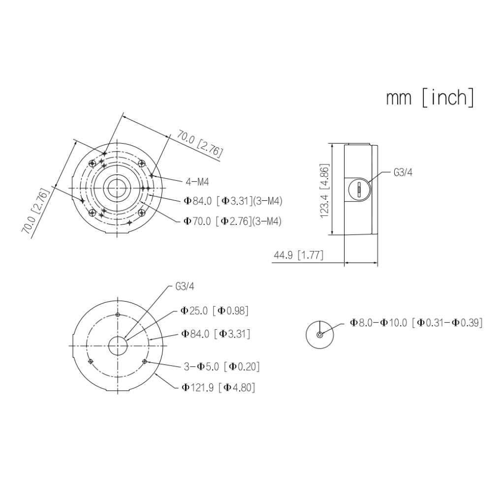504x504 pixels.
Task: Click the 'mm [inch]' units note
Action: pos(430,97)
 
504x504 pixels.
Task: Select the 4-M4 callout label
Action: pos(197,182)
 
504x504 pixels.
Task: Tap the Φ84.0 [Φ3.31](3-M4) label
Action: pos(233,201)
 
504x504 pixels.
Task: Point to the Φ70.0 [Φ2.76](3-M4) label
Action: pos(232,221)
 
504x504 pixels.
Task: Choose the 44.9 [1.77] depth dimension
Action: pos(298,255)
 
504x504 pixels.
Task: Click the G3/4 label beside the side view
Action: pos(403,173)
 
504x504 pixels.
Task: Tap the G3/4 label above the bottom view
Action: pos(185,286)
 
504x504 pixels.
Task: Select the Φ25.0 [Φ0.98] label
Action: pos(215,311)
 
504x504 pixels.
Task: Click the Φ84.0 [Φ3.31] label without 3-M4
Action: pos(216,334)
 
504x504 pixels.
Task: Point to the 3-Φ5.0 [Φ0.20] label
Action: pos(221,366)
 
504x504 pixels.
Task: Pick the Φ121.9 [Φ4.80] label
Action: pos(218,387)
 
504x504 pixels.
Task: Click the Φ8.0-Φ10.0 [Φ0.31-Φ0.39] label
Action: pos(416,322)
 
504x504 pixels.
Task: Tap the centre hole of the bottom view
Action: pos(118,346)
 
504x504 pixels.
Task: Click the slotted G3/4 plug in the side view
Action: pos(359,189)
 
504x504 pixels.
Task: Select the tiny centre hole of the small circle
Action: pos(319,335)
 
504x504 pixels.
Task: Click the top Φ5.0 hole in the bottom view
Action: pos(118,315)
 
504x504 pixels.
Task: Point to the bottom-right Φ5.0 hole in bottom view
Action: pos(145,362)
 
